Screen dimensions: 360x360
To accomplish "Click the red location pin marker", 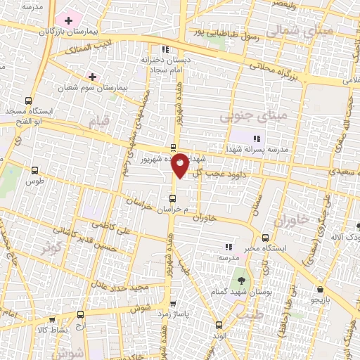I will (x=180, y=164).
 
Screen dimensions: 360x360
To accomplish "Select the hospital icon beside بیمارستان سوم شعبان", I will (x=92, y=75).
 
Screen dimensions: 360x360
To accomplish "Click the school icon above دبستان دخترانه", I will (x=165, y=49).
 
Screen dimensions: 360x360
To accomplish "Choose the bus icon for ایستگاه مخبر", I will (x=265, y=238).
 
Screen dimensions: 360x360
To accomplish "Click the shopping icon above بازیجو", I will (x=320, y=289).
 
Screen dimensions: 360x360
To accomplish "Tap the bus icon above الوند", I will (x=219, y=325).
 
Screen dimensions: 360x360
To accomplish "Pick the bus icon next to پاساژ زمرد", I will (x=154, y=307).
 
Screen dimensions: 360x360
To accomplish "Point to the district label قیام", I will (x=101, y=122).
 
